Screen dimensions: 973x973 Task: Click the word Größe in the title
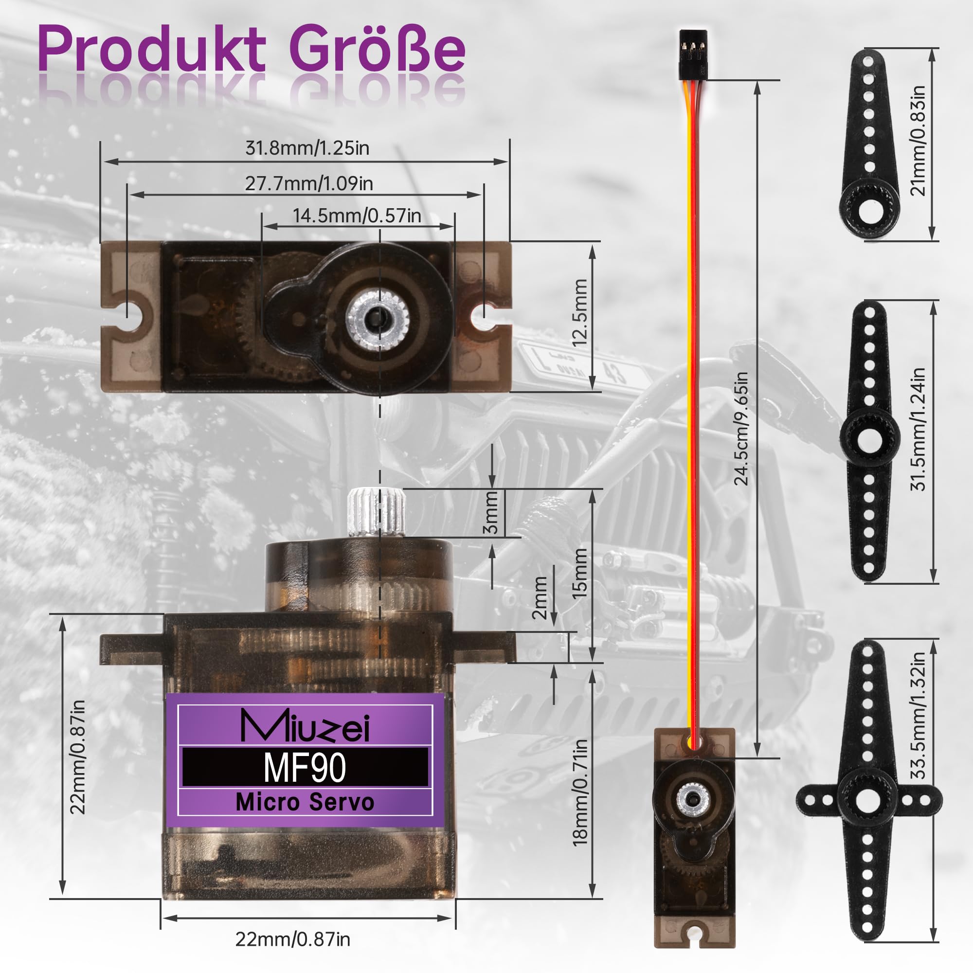pyautogui.click(x=378, y=49)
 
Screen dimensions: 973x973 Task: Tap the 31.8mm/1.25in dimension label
pyautogui.click(x=307, y=148)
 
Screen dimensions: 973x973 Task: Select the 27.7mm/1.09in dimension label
pyautogui.click(x=309, y=183)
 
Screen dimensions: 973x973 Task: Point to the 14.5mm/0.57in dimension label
pyautogui.click(x=357, y=216)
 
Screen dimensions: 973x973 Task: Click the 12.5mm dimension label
pyautogui.click(x=580, y=313)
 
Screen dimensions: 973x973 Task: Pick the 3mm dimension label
pyautogui.click(x=490, y=513)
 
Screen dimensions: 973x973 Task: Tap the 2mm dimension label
pyautogui.click(x=540, y=598)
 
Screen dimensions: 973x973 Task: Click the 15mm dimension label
pyautogui.click(x=580, y=573)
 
